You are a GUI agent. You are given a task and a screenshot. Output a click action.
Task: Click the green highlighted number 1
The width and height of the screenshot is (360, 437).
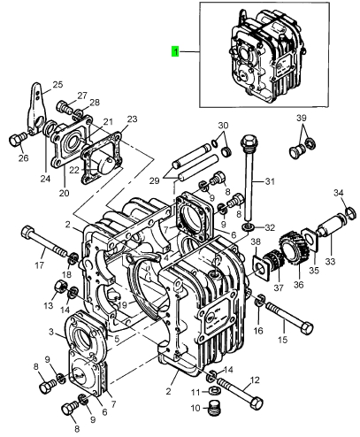(x=175, y=51)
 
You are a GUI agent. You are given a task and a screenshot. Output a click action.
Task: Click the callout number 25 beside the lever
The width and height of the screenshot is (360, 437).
(x=57, y=85)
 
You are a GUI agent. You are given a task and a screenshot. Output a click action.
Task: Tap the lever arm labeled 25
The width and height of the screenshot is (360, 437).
(x=37, y=108)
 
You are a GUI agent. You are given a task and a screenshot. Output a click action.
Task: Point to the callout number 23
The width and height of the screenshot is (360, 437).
(x=132, y=119)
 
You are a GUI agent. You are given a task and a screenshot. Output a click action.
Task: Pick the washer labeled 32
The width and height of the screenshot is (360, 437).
(x=248, y=227)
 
